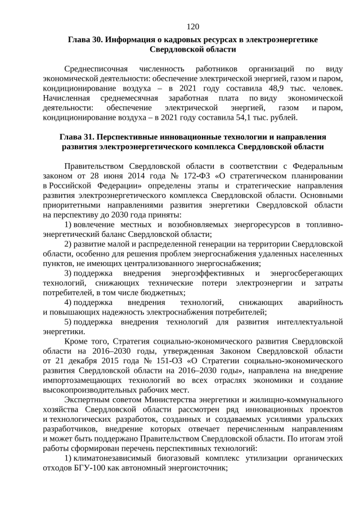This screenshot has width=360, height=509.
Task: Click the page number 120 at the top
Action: [x=192, y=26]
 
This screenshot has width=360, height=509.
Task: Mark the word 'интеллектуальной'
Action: [x=310, y=322]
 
